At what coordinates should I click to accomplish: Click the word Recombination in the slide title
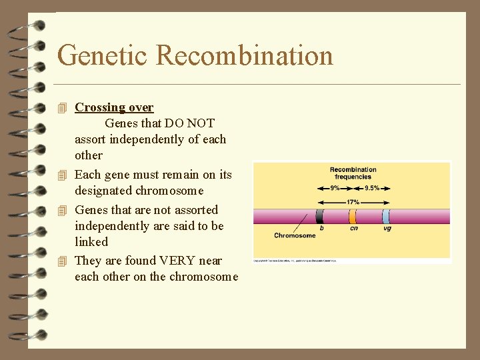(x=245, y=55)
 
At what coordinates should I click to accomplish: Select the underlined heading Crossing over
(x=114, y=107)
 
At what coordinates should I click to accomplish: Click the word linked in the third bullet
(x=91, y=242)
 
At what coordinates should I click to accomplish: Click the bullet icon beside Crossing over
(x=63, y=108)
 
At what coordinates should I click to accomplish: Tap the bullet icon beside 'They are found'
(x=63, y=261)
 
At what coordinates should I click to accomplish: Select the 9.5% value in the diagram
(x=372, y=188)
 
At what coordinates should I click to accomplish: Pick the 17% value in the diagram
(x=353, y=201)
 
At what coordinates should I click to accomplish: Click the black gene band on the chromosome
(x=320, y=216)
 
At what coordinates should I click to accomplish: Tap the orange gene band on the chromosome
(x=353, y=216)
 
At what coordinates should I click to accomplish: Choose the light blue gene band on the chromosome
(x=386, y=216)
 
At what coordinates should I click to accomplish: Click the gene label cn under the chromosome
(x=353, y=229)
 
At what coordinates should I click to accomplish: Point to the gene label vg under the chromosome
(x=387, y=229)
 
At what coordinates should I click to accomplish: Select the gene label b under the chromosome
(x=322, y=229)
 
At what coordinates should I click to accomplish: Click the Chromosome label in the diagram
(x=295, y=235)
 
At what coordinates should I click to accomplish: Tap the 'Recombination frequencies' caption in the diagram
(x=353, y=173)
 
